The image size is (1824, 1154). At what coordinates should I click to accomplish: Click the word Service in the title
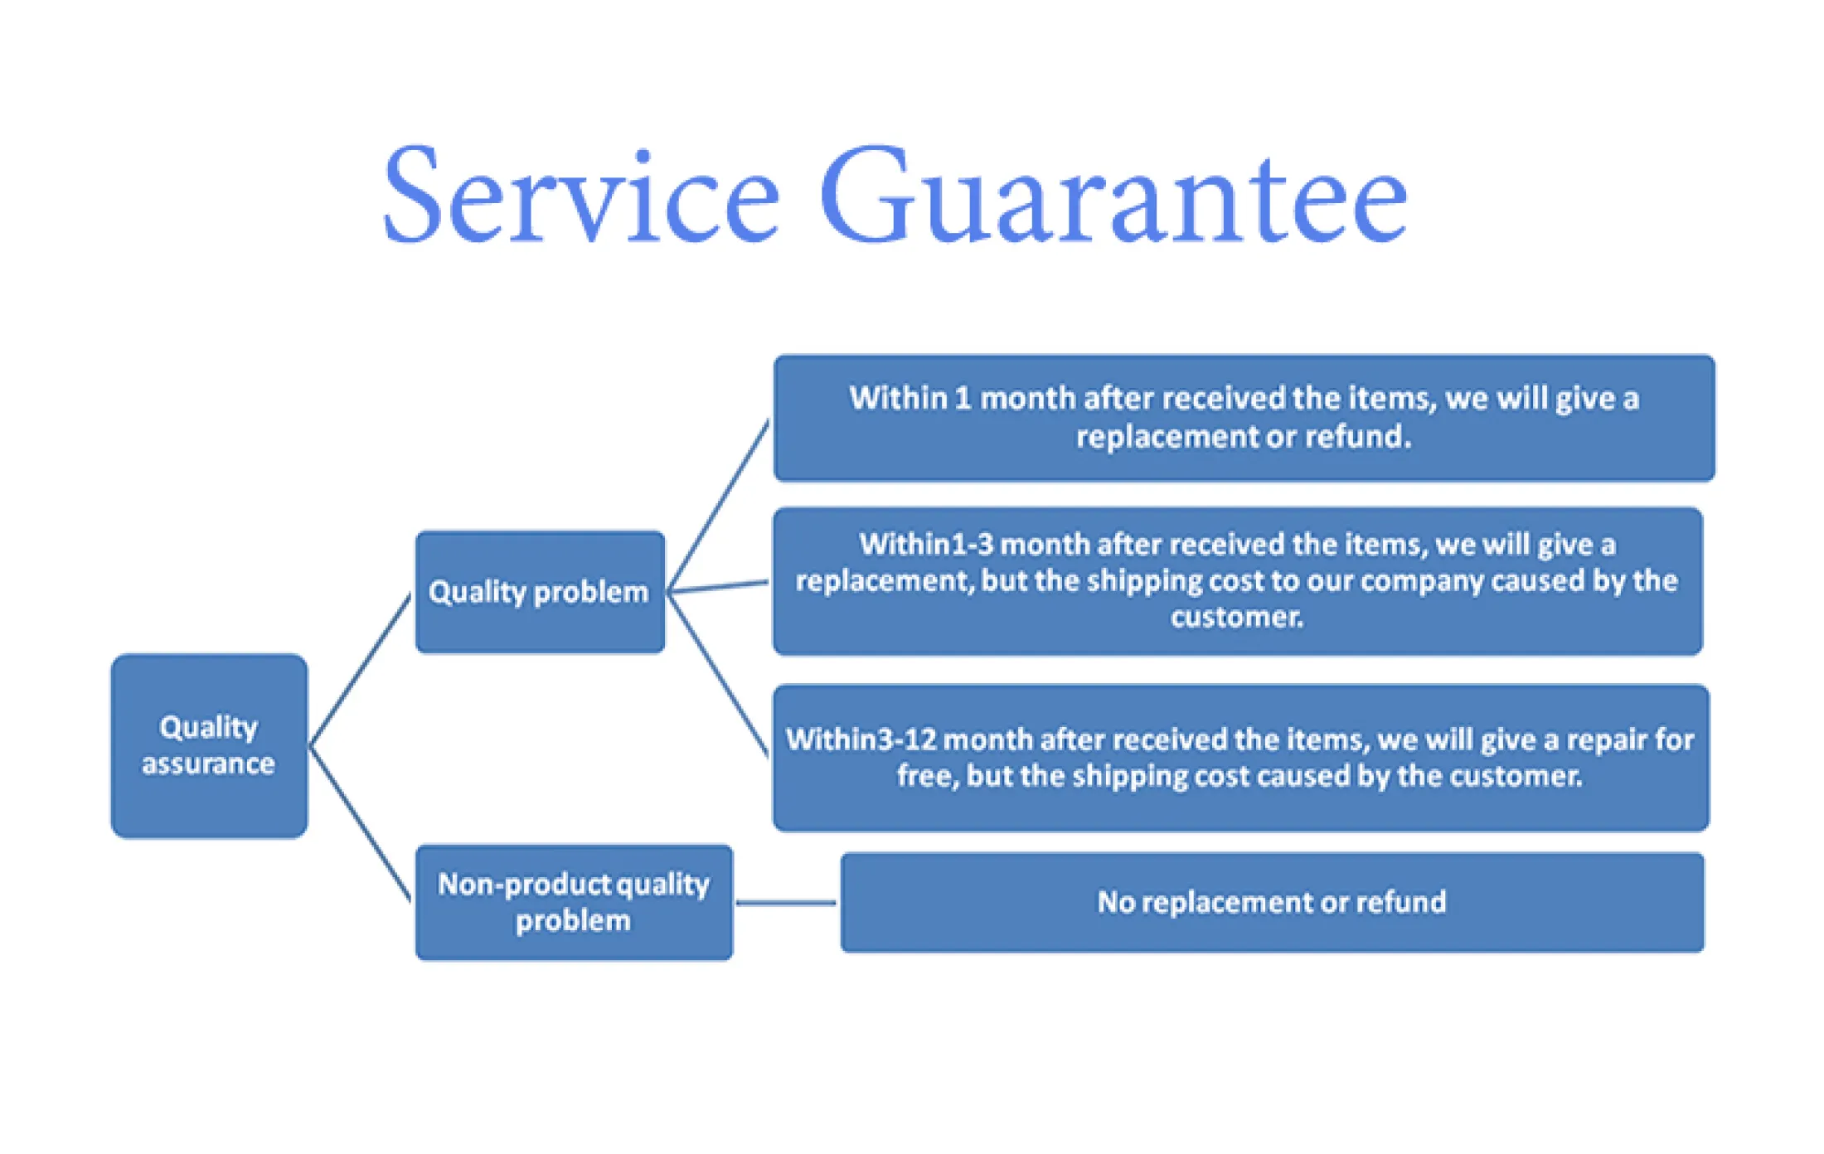tap(580, 196)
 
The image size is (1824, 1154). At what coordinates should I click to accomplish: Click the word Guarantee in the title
tap(1113, 196)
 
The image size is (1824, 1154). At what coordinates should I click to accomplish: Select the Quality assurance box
tap(209, 746)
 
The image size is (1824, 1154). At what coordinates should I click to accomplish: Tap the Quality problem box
tap(540, 592)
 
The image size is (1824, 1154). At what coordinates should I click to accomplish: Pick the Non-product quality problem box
tap(574, 902)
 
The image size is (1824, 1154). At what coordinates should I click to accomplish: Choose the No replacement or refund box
tap(1272, 902)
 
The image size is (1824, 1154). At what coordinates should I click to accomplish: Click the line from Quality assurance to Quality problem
tap(361, 670)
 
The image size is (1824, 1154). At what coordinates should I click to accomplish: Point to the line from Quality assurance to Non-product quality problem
tap(361, 823)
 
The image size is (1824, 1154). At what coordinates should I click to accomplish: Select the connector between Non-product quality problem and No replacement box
tap(786, 902)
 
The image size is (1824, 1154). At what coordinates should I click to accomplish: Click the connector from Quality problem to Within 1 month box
tap(719, 506)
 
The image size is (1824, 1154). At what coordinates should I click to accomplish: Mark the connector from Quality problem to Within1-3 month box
tap(719, 587)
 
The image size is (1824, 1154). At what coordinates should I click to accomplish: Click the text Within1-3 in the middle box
tap(926, 545)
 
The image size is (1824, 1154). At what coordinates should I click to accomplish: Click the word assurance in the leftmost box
tap(208, 764)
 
